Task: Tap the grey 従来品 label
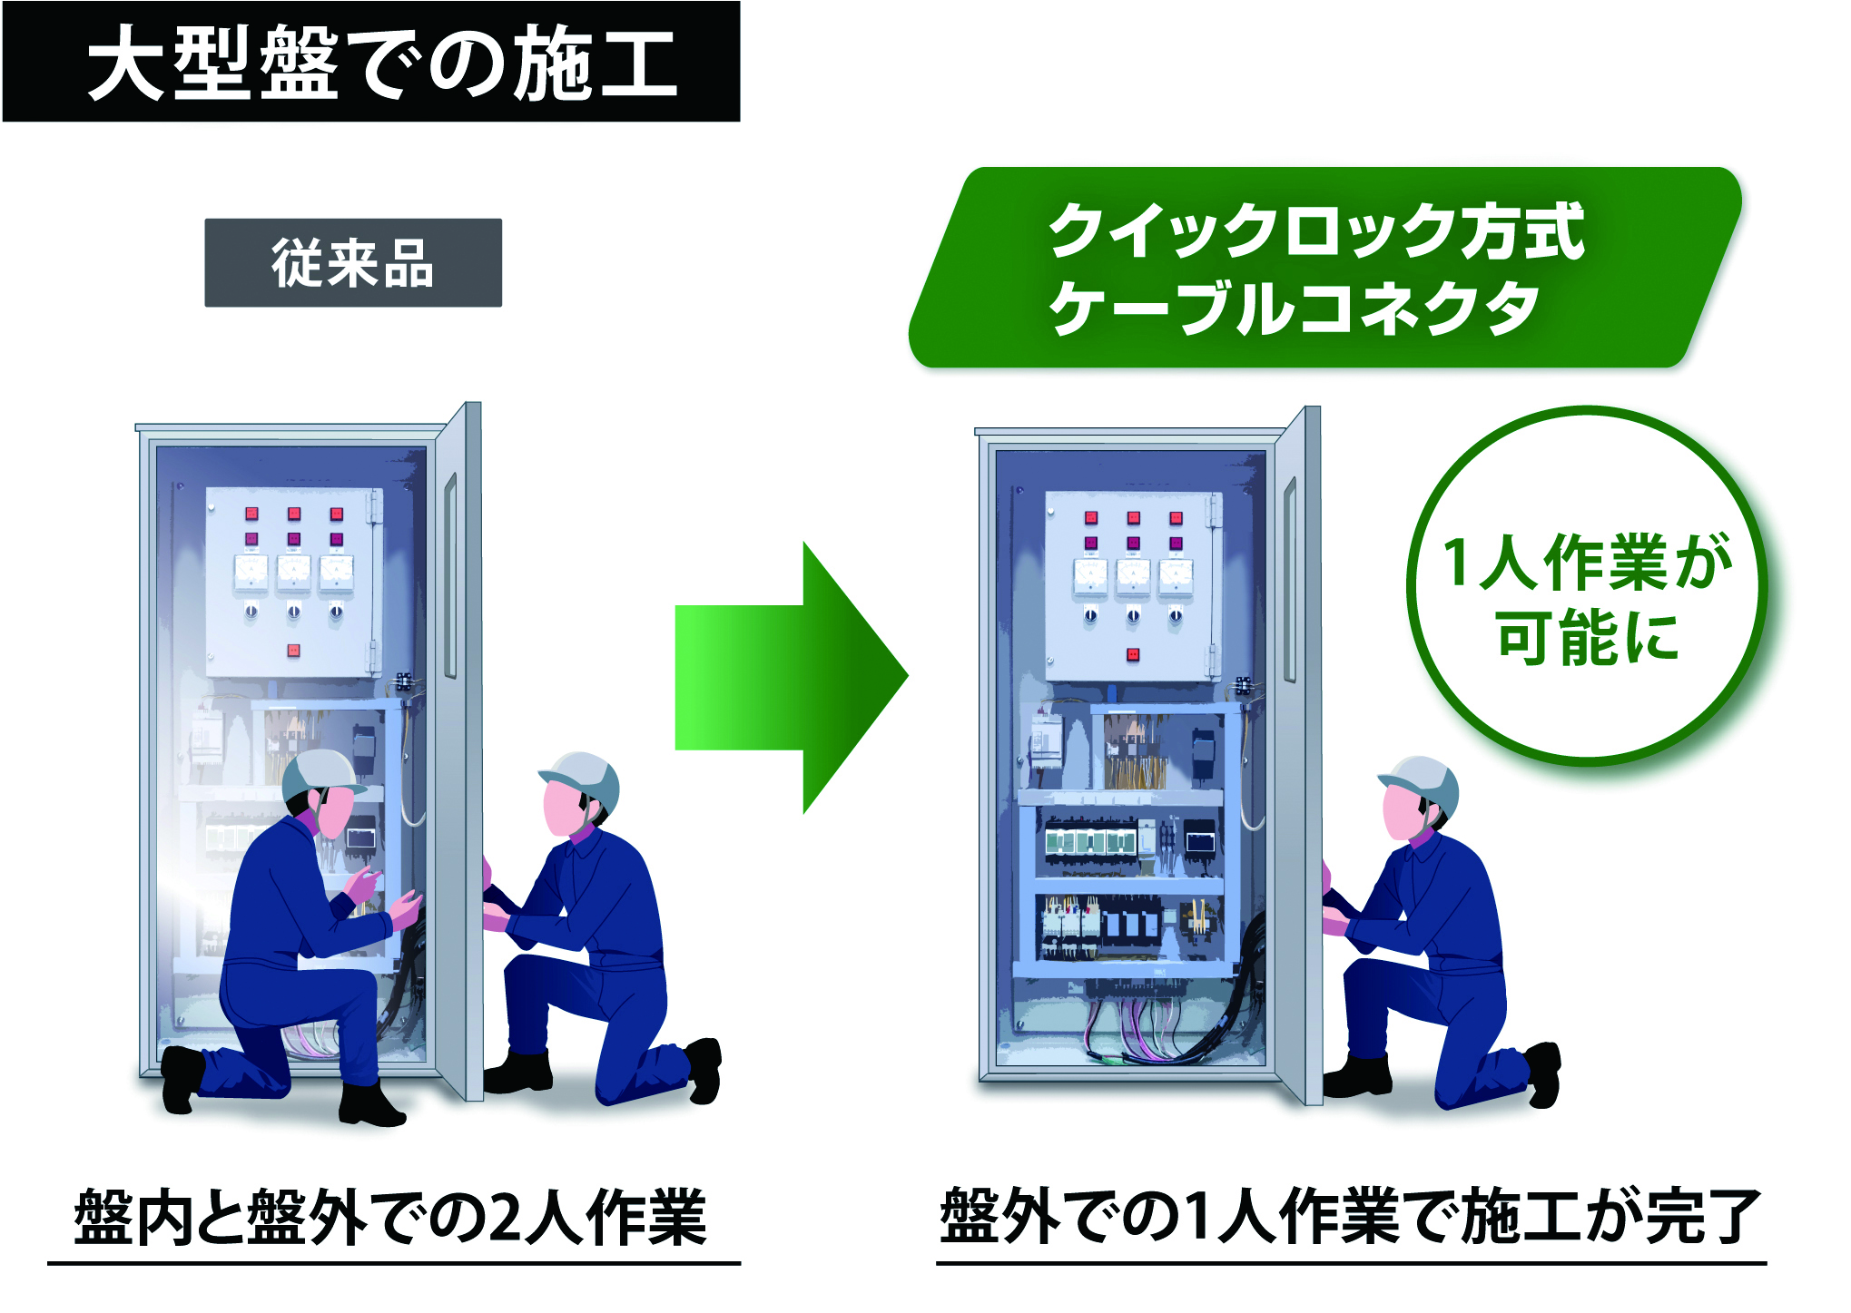[352, 263]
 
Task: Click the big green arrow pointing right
[790, 677]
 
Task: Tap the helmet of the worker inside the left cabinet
[320, 772]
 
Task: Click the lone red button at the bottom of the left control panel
[293, 650]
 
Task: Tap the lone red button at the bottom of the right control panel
[1132, 654]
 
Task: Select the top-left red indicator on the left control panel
[251, 514]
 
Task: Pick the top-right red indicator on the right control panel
[1176, 518]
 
